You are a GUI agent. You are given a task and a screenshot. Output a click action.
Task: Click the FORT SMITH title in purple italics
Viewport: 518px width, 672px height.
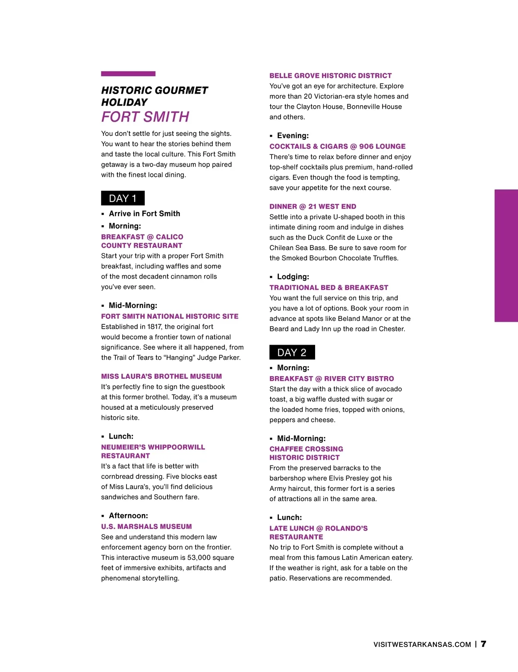click(x=145, y=117)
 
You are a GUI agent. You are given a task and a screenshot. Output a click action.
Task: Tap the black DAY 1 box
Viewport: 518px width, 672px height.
click(x=123, y=198)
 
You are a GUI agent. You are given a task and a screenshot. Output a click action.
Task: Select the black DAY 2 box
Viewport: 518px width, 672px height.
click(x=292, y=352)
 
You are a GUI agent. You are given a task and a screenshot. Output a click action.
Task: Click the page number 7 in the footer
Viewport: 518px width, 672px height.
click(x=483, y=644)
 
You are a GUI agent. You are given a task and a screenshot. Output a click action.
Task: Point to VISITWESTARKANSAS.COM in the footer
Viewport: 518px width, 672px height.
click(x=422, y=644)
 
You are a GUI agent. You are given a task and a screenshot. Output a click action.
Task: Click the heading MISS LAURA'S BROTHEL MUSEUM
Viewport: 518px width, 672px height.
click(x=161, y=377)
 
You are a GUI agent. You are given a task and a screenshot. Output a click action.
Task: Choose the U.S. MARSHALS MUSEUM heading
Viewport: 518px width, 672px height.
click(x=146, y=527)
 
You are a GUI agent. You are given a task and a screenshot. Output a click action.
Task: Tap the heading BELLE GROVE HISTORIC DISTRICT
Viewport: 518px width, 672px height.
click(x=330, y=75)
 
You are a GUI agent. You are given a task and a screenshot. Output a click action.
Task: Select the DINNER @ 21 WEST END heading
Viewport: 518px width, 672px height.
click(x=313, y=207)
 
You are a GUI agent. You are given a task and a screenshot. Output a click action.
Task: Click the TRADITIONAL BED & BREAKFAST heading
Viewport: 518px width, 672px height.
click(x=328, y=288)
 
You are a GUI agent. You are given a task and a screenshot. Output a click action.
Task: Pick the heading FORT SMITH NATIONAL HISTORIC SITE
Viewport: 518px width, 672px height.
click(x=170, y=317)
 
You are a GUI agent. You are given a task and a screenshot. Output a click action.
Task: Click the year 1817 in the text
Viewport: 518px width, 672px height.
click(x=154, y=327)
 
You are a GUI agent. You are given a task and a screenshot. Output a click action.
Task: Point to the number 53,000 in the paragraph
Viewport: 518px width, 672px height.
click(x=199, y=558)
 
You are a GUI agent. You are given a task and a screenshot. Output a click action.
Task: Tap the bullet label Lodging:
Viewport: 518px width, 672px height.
click(x=293, y=277)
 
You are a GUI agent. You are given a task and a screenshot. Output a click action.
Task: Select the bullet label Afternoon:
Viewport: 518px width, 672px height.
click(x=128, y=516)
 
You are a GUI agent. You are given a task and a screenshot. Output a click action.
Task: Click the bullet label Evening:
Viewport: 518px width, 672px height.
click(x=293, y=136)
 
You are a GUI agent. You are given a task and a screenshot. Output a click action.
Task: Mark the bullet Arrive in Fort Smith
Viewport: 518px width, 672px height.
click(x=144, y=214)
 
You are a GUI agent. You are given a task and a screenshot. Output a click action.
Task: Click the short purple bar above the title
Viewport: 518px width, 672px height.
click(x=128, y=74)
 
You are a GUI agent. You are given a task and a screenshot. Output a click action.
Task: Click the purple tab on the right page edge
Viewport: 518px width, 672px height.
click(x=506, y=255)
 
